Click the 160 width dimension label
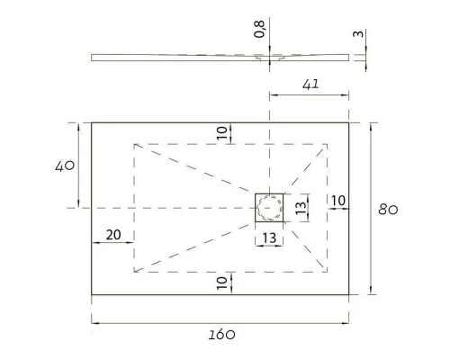point(221,334)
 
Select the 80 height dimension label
point(388,210)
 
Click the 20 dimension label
point(113,234)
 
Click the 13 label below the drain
point(269,238)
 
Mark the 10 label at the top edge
point(222,131)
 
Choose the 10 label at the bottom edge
point(222,283)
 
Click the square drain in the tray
point(269,208)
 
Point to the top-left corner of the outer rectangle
point(91,123)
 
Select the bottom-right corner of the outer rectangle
point(350,293)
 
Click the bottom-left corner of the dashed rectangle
point(134,271)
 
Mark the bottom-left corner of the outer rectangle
point(91,293)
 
